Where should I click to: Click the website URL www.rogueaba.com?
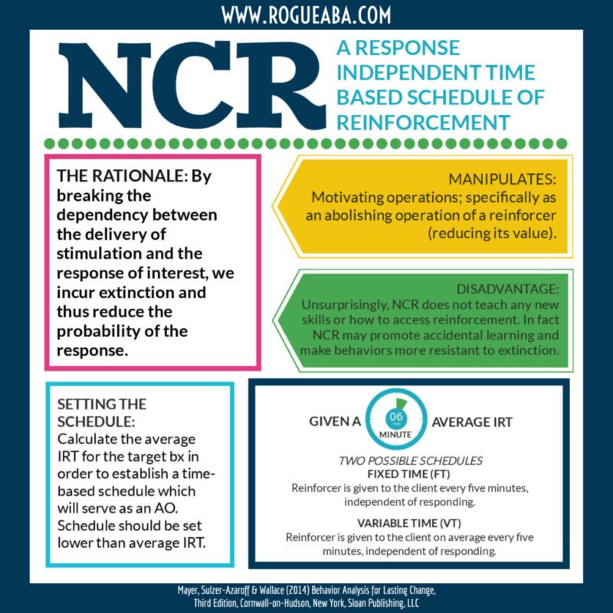[306, 15]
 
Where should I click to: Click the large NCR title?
[192, 85]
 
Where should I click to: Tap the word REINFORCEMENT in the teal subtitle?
[423, 123]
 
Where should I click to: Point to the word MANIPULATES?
[502, 179]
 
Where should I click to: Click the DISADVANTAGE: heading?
[507, 289]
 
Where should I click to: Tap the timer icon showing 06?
[396, 419]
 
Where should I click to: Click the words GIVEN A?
[335, 421]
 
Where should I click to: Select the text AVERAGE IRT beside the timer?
[472, 422]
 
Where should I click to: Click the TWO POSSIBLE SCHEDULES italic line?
[411, 461]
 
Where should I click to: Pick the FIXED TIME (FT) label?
[408, 474]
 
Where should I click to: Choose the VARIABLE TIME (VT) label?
[409, 523]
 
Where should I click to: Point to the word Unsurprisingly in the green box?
[345, 305]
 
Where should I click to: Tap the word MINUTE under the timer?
[395, 434]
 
